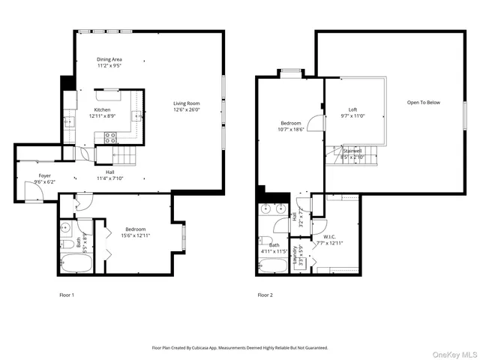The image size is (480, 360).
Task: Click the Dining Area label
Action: pos(109,60)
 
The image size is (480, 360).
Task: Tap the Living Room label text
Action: pos(186,103)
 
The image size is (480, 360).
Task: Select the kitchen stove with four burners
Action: pos(109,137)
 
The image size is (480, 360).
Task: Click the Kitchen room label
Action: pos(102,110)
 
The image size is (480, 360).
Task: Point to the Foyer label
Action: pos(45,176)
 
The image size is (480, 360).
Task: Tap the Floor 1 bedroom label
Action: pos(136,229)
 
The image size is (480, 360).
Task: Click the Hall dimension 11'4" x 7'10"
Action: pos(109,178)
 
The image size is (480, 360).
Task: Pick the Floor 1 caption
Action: pos(67,295)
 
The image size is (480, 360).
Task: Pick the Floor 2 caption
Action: pos(265,295)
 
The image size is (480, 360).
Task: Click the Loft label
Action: pos(352,109)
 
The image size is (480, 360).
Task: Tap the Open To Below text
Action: pos(424,103)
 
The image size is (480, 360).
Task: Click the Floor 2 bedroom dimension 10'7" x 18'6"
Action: pos(291,129)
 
